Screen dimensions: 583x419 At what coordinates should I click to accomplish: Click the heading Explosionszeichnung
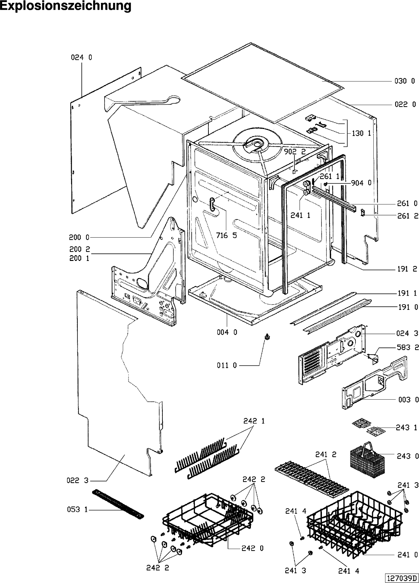(66, 6)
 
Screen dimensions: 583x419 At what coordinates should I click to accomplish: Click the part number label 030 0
(404, 81)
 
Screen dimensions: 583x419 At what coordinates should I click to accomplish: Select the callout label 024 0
(81, 57)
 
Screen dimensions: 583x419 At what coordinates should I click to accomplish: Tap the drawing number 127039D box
(401, 578)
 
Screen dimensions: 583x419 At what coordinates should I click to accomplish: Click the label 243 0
(407, 456)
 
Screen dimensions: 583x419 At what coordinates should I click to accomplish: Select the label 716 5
(227, 236)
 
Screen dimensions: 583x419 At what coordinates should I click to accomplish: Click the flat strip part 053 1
(117, 504)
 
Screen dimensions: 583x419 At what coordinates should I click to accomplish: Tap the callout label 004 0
(227, 332)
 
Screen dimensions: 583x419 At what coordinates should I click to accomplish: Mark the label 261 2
(407, 216)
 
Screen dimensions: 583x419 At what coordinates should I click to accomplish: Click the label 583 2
(407, 347)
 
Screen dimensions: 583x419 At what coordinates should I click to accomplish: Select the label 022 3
(77, 481)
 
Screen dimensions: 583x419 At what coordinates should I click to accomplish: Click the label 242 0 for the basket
(252, 548)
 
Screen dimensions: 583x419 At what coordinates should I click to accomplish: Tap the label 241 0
(407, 555)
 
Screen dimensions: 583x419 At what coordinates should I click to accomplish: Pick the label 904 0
(361, 183)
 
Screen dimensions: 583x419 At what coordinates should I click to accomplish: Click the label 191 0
(407, 307)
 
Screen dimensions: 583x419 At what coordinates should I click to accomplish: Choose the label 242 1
(254, 421)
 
